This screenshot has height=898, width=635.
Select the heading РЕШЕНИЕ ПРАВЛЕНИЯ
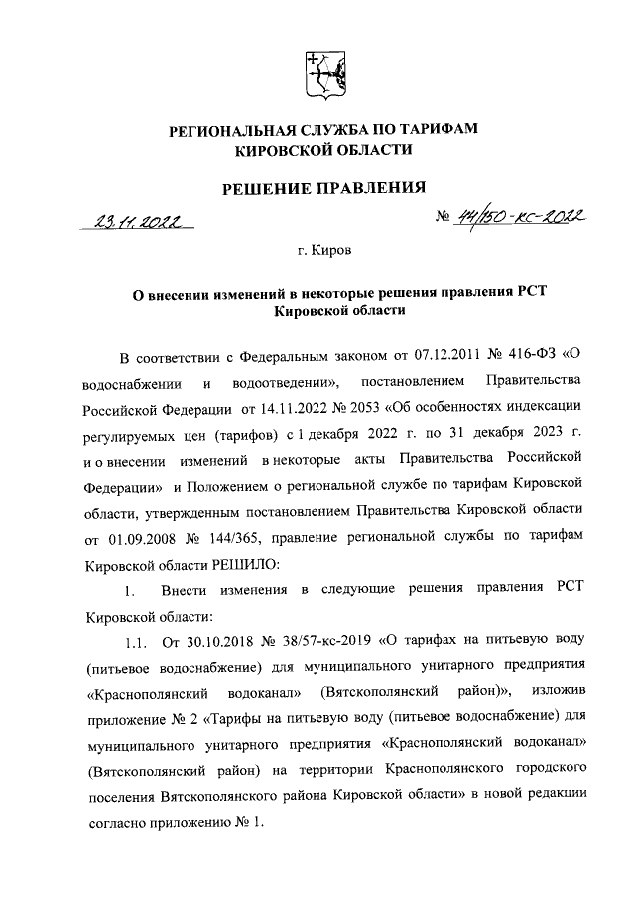point(317,187)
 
